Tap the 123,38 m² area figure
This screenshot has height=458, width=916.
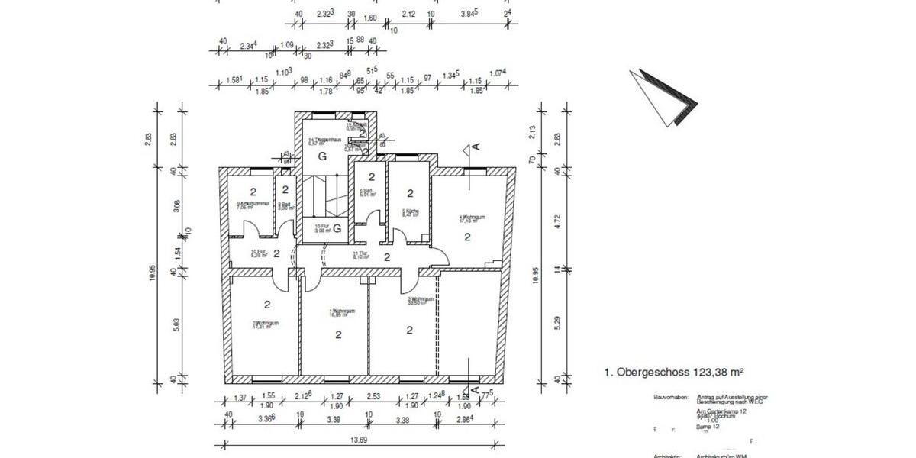[718, 373]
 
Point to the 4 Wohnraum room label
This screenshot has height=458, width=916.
[468, 218]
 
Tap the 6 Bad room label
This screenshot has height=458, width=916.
[366, 192]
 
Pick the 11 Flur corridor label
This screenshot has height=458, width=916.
[361, 256]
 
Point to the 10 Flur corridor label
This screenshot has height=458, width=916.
[260, 254]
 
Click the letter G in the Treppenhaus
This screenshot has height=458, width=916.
[322, 156]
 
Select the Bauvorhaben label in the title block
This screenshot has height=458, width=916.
[671, 398]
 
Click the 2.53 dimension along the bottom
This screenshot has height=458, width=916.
[373, 396]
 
